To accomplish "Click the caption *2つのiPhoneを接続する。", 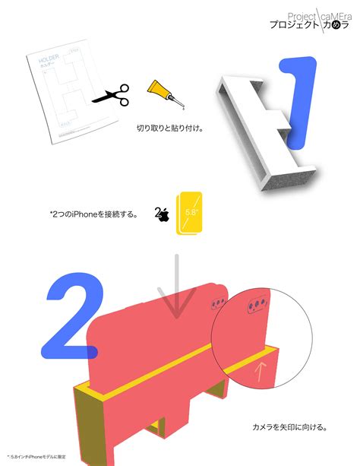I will pyautogui.click(x=93, y=214).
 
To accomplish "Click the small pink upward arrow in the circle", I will pyautogui.click(x=261, y=372).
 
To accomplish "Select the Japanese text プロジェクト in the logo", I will pyautogui.click(x=294, y=25).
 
